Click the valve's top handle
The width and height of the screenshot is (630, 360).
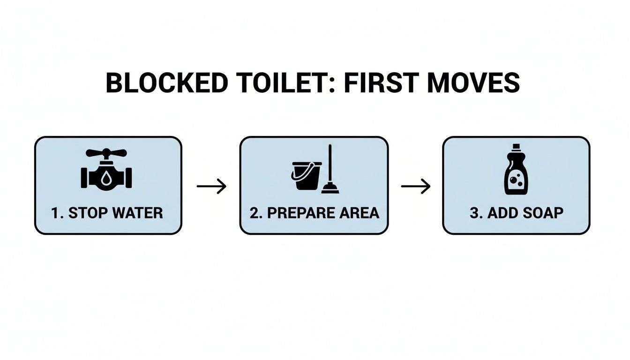click(106, 153)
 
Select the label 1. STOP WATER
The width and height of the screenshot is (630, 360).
click(107, 213)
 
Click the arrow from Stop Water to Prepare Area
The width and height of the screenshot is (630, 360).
click(211, 186)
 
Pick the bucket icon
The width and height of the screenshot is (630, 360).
click(307, 175)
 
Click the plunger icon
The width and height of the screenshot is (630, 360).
click(330, 170)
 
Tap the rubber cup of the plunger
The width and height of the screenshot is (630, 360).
click(330, 189)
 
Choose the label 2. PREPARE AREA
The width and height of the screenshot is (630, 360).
click(314, 213)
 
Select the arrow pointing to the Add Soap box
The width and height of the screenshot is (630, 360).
click(415, 186)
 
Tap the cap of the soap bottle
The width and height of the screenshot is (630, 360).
click(516, 147)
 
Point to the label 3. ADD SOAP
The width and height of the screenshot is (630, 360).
click(516, 213)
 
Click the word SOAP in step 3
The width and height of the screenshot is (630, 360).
click(544, 213)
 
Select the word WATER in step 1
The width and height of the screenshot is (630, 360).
click(137, 213)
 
